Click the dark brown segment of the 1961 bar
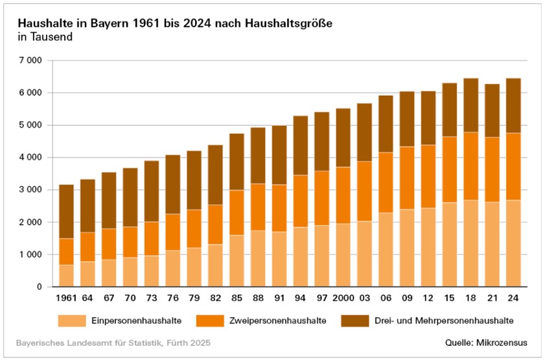tap(66, 212)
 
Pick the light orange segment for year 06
tap(385, 249)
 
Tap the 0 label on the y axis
tap(40, 287)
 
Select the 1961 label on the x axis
tap(66, 298)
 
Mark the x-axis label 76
tap(172, 298)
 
